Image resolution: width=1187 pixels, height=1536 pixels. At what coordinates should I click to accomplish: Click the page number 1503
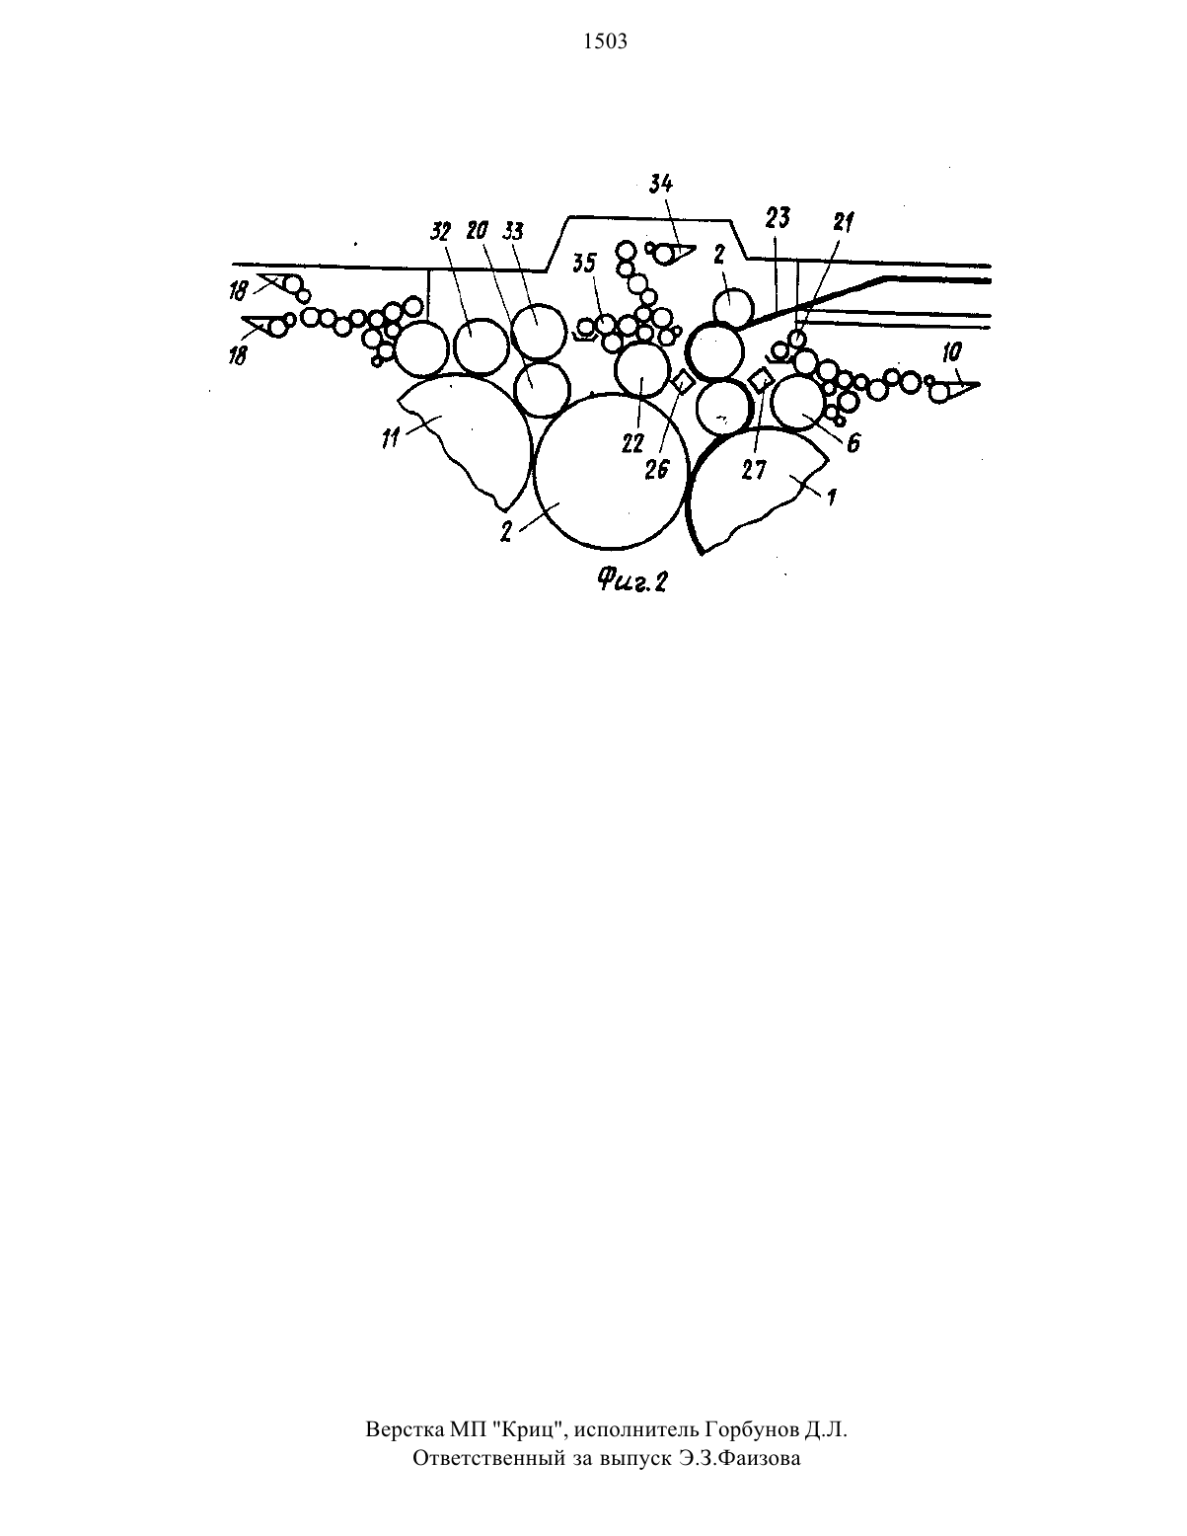(x=606, y=41)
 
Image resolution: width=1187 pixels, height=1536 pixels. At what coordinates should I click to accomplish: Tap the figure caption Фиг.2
(x=632, y=581)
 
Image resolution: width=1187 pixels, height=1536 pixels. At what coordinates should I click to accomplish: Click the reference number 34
(x=661, y=184)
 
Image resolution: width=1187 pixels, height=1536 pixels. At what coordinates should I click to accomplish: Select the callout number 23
(x=778, y=218)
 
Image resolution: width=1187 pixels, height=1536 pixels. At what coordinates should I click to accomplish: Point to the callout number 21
(x=844, y=223)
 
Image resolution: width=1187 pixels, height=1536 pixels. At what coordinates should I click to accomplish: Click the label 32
(x=440, y=232)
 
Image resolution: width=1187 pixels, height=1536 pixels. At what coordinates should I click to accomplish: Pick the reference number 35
(x=584, y=263)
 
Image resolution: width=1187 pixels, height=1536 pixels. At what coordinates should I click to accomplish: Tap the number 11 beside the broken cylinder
(x=390, y=438)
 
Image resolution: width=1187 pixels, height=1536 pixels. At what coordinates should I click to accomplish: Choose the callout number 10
(x=952, y=352)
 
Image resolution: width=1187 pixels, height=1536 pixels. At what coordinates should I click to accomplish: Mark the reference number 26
(x=656, y=469)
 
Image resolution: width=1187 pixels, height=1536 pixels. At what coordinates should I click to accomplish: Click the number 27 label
(x=753, y=470)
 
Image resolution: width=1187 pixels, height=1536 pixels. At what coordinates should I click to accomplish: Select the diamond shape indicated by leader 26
(x=683, y=382)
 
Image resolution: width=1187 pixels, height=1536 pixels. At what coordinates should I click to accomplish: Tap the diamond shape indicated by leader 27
(x=761, y=380)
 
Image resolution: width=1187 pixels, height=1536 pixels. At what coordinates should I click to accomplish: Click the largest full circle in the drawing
(x=611, y=472)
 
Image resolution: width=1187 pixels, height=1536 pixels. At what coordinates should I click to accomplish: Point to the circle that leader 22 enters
(x=642, y=369)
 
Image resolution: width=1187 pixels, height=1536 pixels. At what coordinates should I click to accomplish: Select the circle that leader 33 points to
(x=539, y=332)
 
